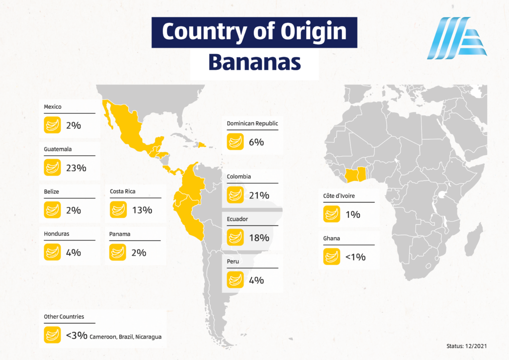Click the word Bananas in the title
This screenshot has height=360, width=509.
click(254, 62)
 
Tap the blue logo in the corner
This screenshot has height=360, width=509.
click(457, 38)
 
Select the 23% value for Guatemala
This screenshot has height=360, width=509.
click(76, 168)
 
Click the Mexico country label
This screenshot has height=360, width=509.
click(53, 106)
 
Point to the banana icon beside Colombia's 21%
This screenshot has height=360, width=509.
click(235, 195)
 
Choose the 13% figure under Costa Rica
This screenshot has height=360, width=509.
click(142, 210)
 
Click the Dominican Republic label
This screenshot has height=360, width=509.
click(252, 123)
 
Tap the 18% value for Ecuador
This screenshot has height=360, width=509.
click(259, 238)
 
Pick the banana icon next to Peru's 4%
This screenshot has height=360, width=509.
click(235, 280)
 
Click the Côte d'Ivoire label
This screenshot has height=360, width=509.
click(339, 196)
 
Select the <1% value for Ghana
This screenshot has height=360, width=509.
click(355, 257)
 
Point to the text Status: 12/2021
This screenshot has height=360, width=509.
click(466, 346)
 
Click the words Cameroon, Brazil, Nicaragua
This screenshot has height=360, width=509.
click(125, 337)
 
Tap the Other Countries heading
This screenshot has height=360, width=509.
click(64, 317)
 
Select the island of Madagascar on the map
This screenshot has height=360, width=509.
click(474, 240)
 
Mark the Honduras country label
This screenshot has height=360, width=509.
click(57, 234)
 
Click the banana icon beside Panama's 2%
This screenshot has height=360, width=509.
click(117, 252)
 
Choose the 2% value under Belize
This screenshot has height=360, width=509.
click(74, 210)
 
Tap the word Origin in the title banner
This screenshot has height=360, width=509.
click(314, 32)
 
